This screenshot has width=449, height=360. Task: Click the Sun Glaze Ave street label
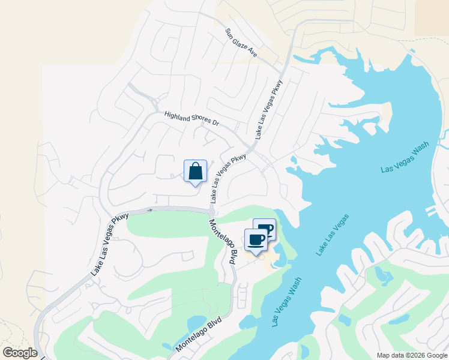(241, 43)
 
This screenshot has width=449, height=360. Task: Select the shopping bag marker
(195, 172)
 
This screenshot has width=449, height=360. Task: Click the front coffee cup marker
(256, 240)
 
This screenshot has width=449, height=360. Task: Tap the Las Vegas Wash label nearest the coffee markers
(288, 302)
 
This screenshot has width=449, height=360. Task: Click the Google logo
(19, 353)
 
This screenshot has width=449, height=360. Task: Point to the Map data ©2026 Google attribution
(412, 355)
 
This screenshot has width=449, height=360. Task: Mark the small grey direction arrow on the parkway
(150, 210)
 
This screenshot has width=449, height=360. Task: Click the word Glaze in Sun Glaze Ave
(242, 43)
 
